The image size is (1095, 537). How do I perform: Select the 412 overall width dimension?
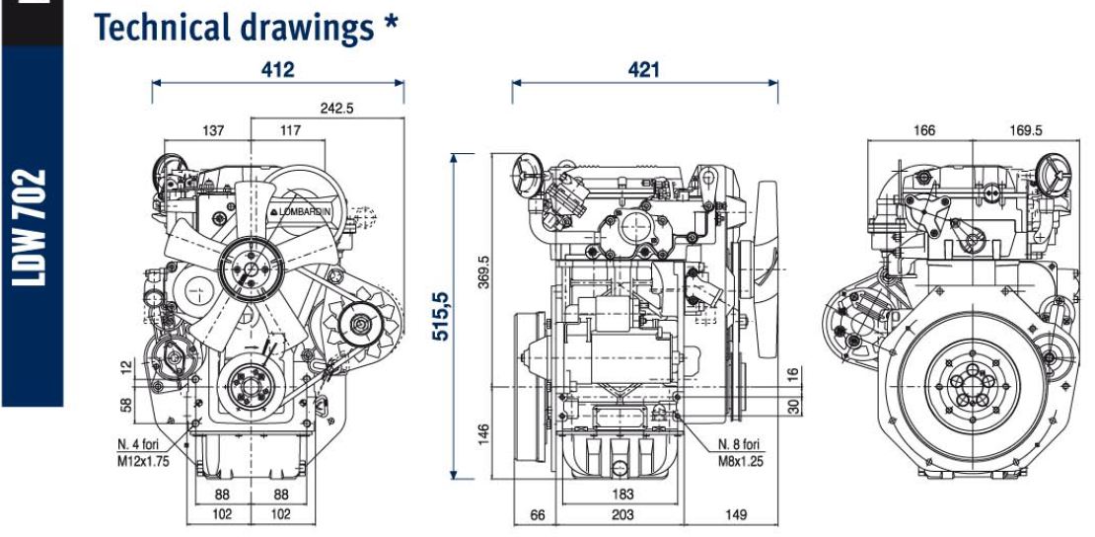pos(277,71)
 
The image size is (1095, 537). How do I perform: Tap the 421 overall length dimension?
pos(645,70)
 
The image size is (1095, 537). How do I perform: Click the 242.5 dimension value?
pos(336,108)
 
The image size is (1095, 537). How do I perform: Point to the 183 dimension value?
pos(621,493)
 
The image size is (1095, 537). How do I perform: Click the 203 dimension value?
pos(621,514)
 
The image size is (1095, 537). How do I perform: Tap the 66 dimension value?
pos(538,514)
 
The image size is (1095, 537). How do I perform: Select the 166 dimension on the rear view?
pos(923,130)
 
